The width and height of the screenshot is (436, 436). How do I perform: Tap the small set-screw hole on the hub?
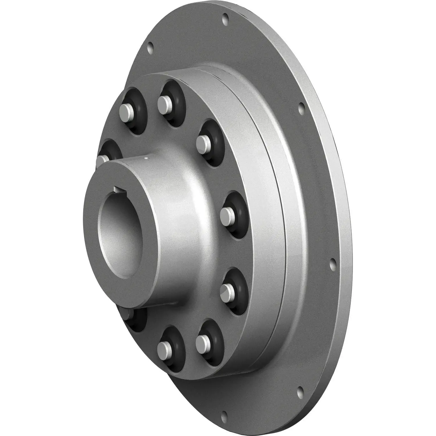coord(146,158)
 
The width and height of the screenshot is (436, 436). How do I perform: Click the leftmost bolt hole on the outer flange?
coord(150,46)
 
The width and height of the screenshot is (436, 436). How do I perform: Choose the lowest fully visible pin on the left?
coord(164,346)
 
